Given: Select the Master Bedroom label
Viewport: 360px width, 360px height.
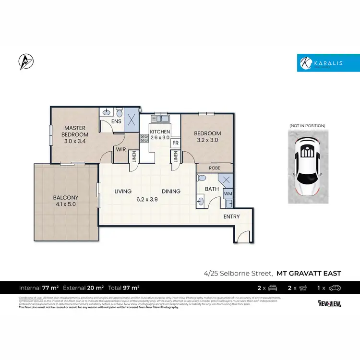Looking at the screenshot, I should pyautogui.click(x=75, y=134).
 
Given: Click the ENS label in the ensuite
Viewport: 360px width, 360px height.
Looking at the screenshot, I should pyautogui.click(x=116, y=121).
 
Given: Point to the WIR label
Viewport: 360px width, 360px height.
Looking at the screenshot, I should pyautogui.click(x=120, y=149).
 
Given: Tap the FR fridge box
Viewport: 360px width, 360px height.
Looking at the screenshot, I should pyautogui.click(x=175, y=143).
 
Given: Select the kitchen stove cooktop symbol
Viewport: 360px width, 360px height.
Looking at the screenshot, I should pyautogui.click(x=144, y=139).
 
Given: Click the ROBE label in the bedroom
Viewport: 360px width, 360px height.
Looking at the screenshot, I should pyautogui.click(x=214, y=168).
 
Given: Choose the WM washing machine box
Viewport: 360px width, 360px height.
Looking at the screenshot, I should pyautogui.click(x=228, y=193).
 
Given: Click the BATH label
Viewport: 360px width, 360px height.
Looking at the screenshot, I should pyautogui.click(x=212, y=189).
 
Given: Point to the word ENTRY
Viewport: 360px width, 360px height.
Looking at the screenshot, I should pyautogui.click(x=231, y=216).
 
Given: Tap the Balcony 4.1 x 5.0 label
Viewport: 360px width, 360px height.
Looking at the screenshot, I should pyautogui.click(x=66, y=201).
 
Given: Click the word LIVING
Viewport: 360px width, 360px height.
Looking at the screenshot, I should pyautogui.click(x=123, y=192).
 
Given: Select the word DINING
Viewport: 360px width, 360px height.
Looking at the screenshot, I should pyautogui.click(x=171, y=192).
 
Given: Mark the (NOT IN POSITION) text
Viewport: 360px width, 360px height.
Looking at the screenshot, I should pyautogui.click(x=307, y=126).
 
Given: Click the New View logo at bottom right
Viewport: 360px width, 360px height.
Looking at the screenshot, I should pyautogui.click(x=329, y=303).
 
